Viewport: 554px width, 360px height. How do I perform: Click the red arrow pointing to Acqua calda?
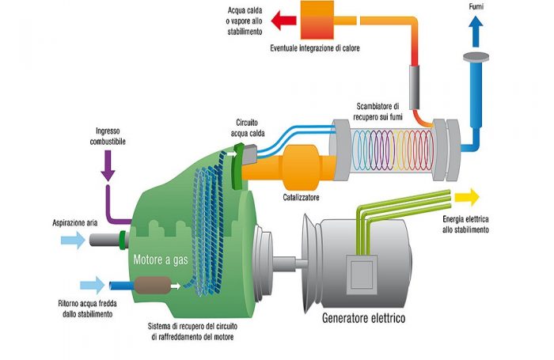pyautogui.click(x=283, y=20)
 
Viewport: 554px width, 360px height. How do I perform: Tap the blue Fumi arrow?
pyautogui.click(x=476, y=31)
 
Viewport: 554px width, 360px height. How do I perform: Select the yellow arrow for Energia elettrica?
pyautogui.click(x=467, y=197)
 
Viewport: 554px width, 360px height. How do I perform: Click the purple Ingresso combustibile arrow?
pyautogui.click(x=108, y=165)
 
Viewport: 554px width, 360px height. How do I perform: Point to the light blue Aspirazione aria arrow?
pyautogui.click(x=73, y=240)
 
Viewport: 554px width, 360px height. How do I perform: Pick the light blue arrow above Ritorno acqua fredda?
pyautogui.click(x=93, y=285)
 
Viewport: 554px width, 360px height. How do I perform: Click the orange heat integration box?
pyautogui.click(x=317, y=20)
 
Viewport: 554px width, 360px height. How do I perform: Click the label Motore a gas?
pyautogui.click(x=161, y=260)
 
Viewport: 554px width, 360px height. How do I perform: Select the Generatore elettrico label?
pyautogui.click(x=363, y=318)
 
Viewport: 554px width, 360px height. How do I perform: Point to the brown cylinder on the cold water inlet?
pyautogui.click(x=153, y=285)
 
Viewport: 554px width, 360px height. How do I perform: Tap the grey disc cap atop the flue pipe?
pyautogui.click(x=476, y=57)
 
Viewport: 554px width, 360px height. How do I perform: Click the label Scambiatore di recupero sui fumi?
pyautogui.click(x=378, y=112)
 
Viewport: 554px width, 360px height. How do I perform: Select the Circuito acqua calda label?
pyautogui.click(x=247, y=128)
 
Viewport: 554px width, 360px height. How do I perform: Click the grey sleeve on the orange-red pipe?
pyautogui.click(x=415, y=87)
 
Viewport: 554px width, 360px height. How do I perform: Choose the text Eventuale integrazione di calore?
pyautogui.click(x=315, y=48)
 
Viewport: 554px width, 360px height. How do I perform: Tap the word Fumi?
pyautogui.click(x=476, y=6)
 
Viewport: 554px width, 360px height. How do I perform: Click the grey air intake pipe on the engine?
pyautogui.click(x=105, y=240)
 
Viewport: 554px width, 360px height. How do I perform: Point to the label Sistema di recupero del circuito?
pyautogui.click(x=192, y=326)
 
